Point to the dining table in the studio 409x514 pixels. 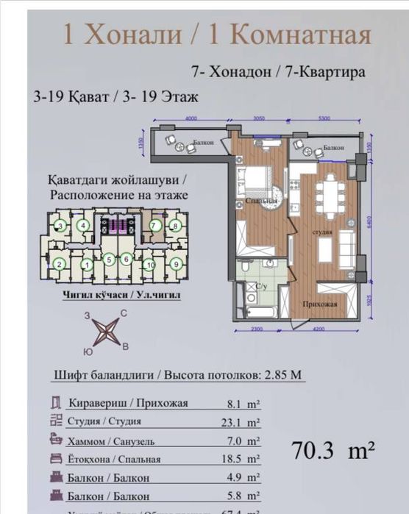click(x=327, y=196)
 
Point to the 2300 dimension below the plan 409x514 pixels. click(x=255, y=329)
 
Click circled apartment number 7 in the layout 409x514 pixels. click(x=154, y=226)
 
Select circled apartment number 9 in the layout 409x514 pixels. click(x=176, y=263)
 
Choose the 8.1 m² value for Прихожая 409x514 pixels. click(x=242, y=403)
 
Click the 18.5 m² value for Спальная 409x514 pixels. click(x=242, y=459)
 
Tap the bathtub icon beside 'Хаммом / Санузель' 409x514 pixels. click(x=56, y=440)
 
